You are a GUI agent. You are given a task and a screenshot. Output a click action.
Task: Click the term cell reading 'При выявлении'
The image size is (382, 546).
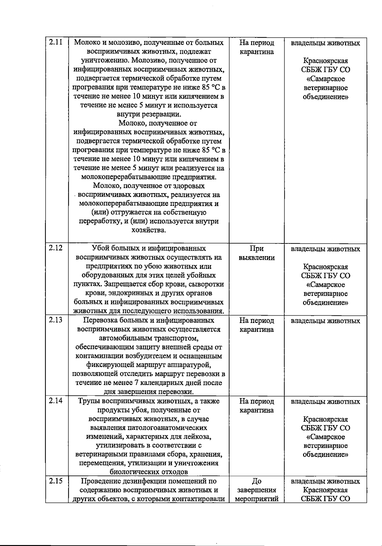257,253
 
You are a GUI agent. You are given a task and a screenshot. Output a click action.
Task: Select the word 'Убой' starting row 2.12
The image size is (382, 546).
100,248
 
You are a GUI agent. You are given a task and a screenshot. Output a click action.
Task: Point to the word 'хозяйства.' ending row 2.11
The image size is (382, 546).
149,230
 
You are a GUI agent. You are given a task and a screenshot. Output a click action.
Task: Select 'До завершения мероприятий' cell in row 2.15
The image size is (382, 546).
257,490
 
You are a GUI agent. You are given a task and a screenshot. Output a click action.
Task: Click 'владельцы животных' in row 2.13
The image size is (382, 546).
325,321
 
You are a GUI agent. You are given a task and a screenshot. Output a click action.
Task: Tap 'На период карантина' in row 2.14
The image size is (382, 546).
257,406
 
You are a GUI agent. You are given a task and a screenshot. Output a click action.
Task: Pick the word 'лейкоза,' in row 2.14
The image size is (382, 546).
198,437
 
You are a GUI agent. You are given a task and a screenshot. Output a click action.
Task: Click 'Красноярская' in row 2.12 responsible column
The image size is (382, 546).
325,267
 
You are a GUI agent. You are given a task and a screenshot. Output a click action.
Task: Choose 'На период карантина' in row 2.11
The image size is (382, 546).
257,47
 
